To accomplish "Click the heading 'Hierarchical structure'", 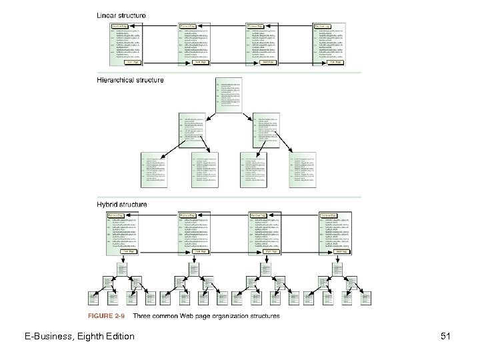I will (131, 80).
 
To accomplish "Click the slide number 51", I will (445, 337).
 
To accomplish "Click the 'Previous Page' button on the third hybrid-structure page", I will (258, 215).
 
